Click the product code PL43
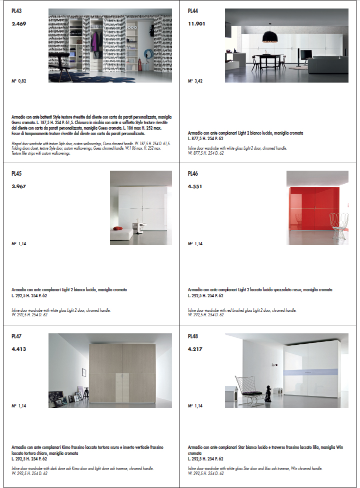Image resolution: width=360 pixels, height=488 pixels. (x=17, y=11)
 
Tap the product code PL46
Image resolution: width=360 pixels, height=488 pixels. (x=193, y=174)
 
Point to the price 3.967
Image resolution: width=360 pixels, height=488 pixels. (x=19, y=186)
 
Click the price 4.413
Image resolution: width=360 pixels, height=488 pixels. (x=19, y=349)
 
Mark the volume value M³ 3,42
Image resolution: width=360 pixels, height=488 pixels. (x=195, y=80)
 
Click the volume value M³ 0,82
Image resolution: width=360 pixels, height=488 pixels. (x=18, y=80)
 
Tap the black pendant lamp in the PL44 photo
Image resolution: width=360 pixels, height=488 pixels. (x=270, y=36)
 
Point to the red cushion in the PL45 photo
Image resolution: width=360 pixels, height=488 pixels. (x=118, y=229)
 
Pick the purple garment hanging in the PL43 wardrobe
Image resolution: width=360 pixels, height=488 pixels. (x=94, y=42)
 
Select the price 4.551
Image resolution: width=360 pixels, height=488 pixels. (x=195, y=186)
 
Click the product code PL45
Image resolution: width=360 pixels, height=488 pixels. (x=17, y=174)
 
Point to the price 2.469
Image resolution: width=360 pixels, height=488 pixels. (x=19, y=24)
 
